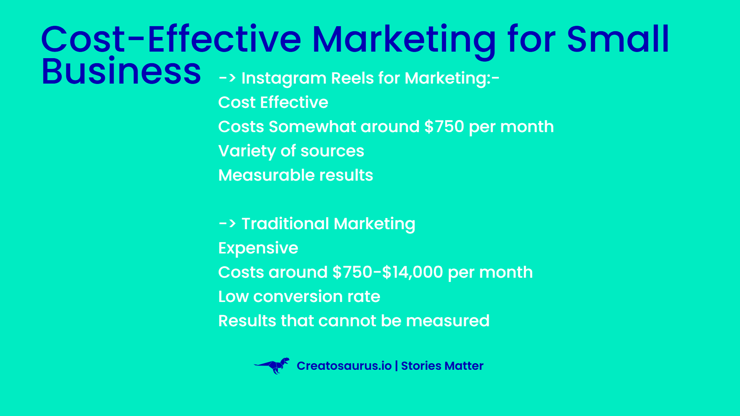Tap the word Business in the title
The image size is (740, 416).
(121, 71)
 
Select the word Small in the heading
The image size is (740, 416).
(618, 39)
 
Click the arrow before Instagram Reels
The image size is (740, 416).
(227, 78)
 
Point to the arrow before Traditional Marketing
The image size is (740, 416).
(227, 223)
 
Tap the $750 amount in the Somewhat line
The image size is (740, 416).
(444, 127)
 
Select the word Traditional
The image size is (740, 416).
(285, 224)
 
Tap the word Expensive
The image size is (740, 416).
(258, 248)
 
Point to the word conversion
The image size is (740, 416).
(298, 297)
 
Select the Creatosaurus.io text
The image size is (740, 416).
(344, 366)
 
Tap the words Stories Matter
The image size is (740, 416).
(442, 366)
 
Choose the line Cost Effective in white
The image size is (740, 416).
(273, 102)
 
